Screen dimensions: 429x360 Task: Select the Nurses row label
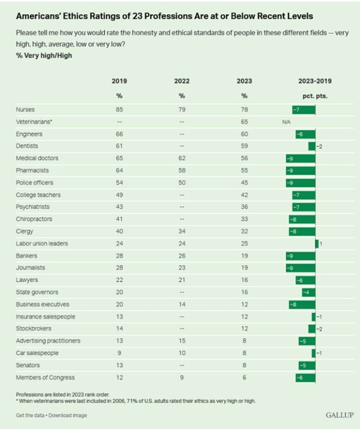25,110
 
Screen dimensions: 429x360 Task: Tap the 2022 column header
182,81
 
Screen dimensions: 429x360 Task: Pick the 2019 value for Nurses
119,110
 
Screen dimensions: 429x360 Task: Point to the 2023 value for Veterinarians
244,122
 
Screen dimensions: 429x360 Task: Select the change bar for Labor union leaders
317,243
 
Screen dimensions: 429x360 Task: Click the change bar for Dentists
311,146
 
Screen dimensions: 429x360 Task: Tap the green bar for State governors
309,292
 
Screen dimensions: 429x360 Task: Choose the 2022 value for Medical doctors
182,158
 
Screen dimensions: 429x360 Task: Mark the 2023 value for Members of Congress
244,377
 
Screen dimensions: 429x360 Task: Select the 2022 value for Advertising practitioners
182,341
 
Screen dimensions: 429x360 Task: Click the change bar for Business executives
302,304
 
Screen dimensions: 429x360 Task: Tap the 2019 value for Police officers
119,183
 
